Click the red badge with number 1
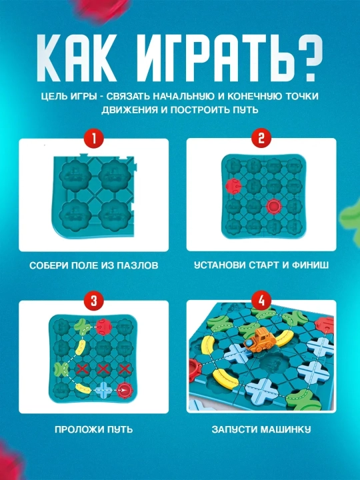coord(94,139)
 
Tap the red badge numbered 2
coord(261,138)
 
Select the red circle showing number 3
coord(94,300)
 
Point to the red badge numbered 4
coord(261,300)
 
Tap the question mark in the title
coord(304,58)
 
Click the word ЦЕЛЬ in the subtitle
coord(55,96)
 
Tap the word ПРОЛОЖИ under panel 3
coord(78,429)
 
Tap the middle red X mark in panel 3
coord(103,369)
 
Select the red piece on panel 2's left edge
coord(233,186)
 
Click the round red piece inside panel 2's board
coord(273,206)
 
